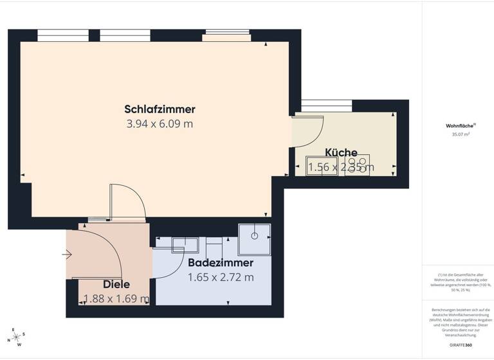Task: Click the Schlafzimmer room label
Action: click(160, 109)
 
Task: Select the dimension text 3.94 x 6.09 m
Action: click(160, 124)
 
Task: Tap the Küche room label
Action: click(341, 152)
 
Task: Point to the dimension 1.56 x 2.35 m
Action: click(341, 168)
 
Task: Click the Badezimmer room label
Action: click(221, 263)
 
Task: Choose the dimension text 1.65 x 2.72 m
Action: click(221, 278)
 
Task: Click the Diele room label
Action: click(116, 284)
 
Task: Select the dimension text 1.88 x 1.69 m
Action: click(116, 299)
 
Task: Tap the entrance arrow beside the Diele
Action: click(67, 255)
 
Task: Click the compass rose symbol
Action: click(17, 337)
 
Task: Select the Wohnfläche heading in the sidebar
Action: click(457, 126)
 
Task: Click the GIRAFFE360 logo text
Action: click(460, 345)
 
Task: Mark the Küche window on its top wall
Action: click(326, 106)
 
